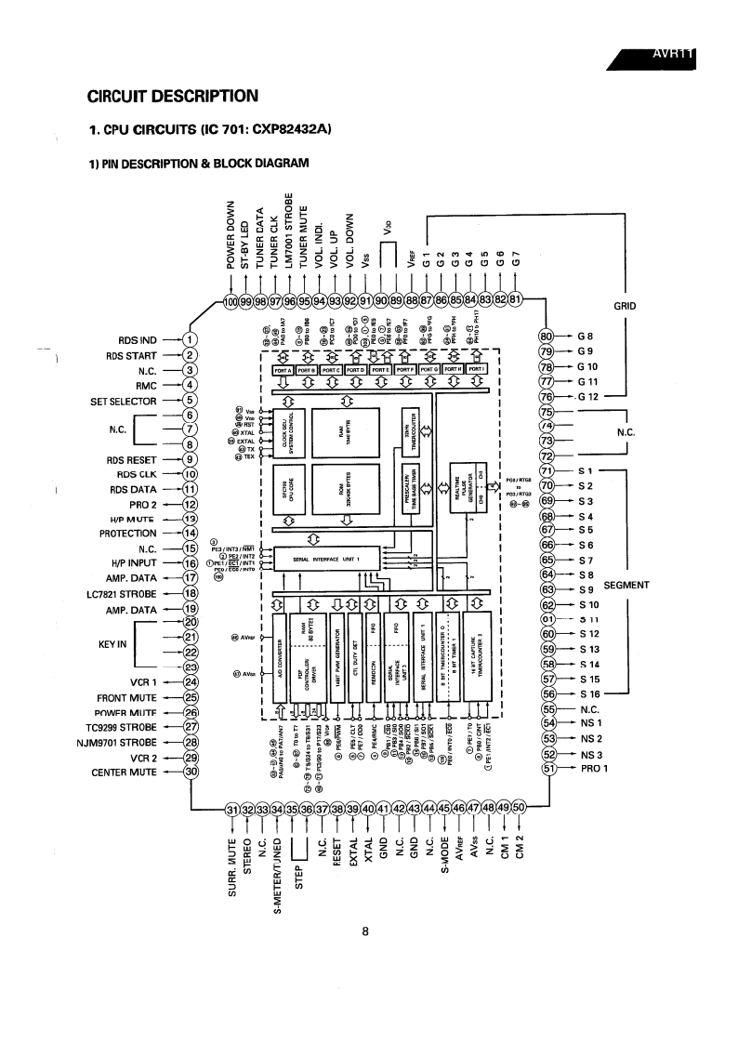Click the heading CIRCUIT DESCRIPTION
coord(172,95)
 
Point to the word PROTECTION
coord(128,534)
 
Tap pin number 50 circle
coord(519,808)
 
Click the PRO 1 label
coord(591,769)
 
